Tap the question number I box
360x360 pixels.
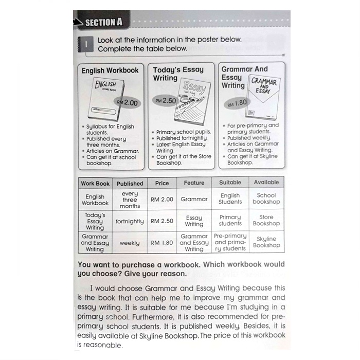[86, 44]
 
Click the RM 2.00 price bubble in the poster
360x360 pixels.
[128, 102]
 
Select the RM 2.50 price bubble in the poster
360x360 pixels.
[165, 101]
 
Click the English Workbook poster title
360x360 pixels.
[110, 70]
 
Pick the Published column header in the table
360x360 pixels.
[130, 183]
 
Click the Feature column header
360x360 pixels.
[194, 183]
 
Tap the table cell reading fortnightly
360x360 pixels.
[130, 221]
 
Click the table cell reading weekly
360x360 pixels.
[130, 243]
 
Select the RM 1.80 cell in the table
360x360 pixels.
[162, 243]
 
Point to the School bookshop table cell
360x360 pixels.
[266, 199]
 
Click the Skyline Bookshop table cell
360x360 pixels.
[266, 242]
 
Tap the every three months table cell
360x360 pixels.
[130, 200]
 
